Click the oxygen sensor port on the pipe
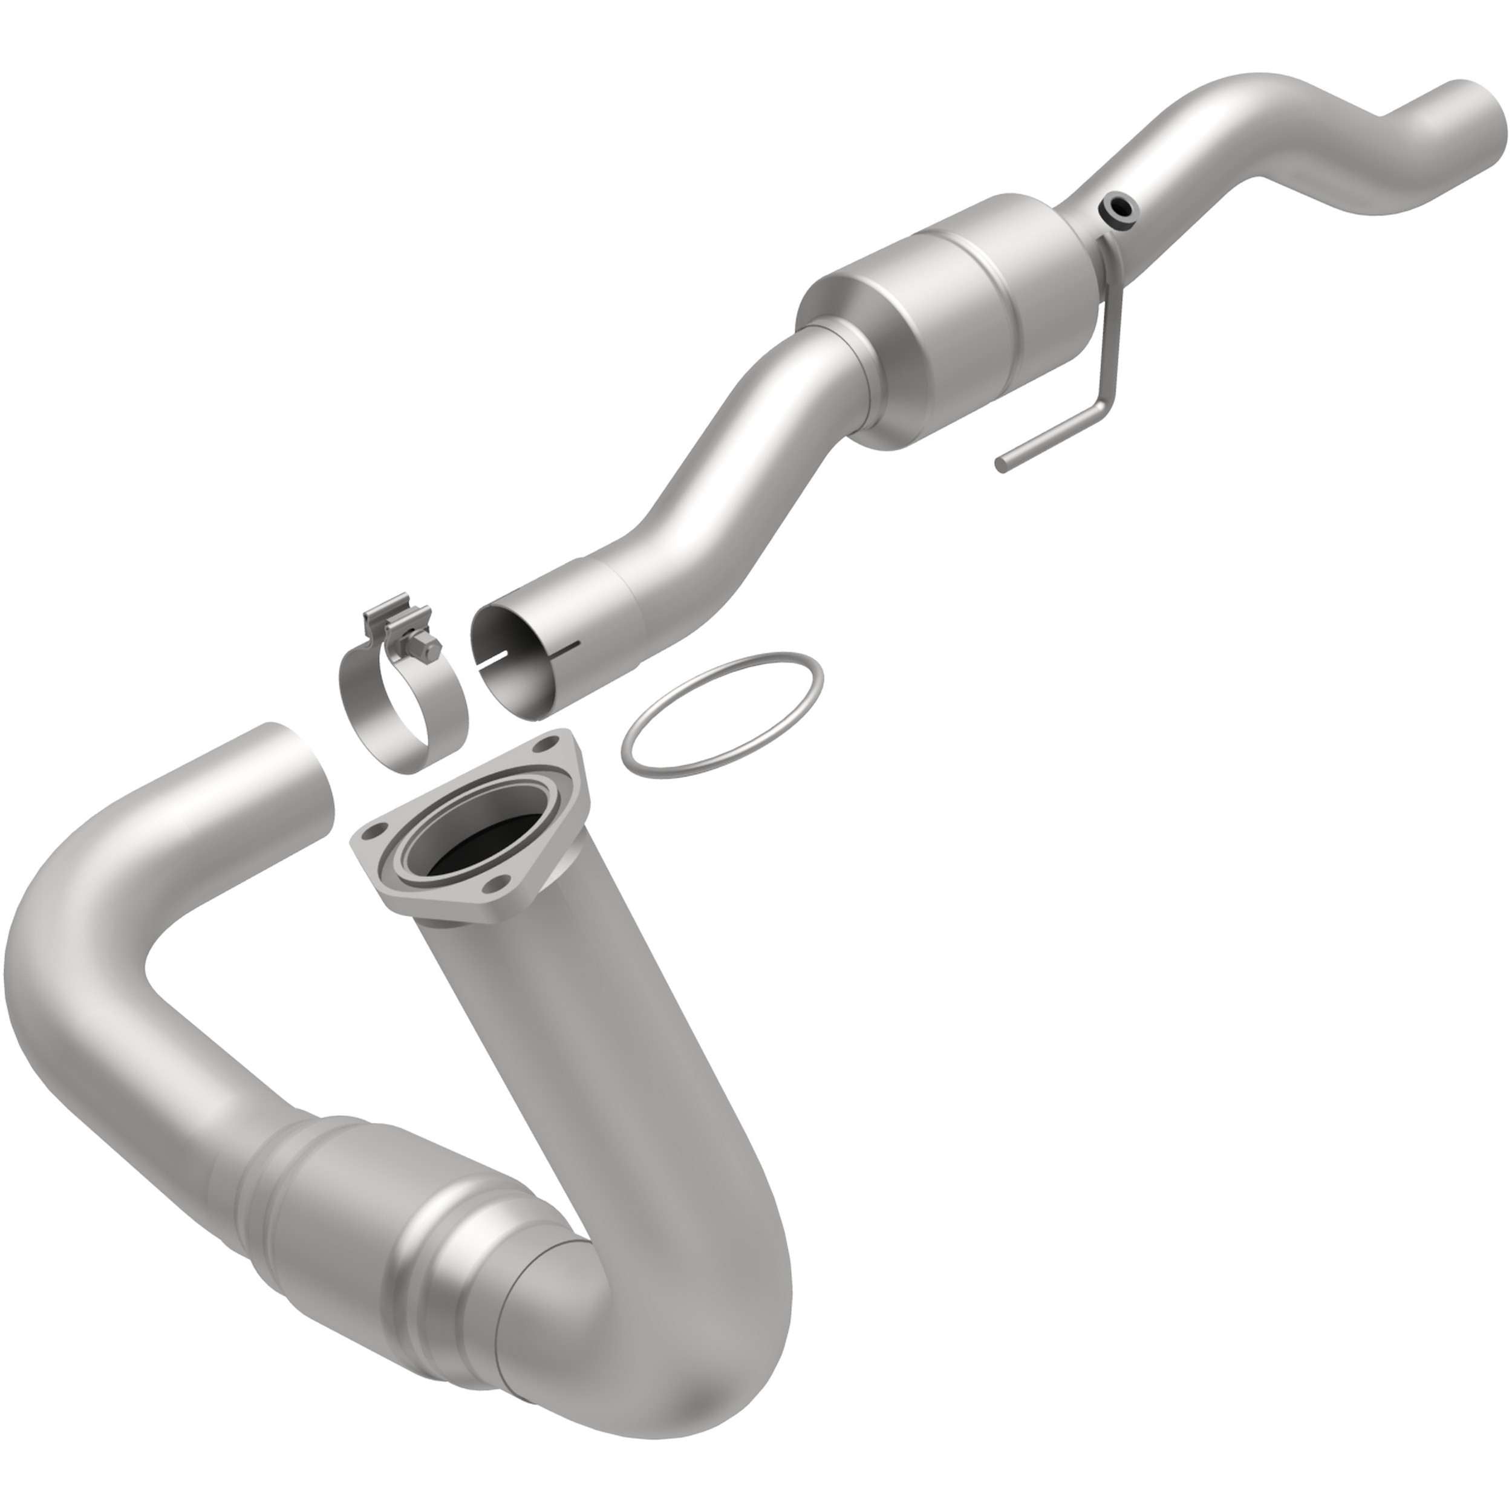pos(1117,207)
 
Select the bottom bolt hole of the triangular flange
pos(492,886)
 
